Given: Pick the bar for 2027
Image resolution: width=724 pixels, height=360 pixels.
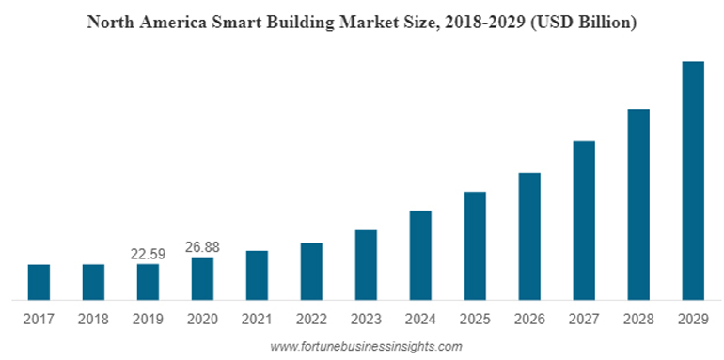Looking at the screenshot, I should (584, 220).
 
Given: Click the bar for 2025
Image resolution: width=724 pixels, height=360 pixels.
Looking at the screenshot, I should (475, 245).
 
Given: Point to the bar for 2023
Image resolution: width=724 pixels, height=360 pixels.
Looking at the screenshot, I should (366, 264).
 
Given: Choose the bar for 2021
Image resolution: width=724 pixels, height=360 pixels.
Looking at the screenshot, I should (257, 274).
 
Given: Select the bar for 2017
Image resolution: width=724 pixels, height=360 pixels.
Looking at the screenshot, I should (39, 282).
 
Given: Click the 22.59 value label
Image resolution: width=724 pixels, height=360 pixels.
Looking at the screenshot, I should (148, 254).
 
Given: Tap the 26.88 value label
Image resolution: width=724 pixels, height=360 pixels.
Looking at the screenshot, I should (202, 246).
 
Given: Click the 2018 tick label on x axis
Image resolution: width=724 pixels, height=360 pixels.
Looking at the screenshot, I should (93, 320).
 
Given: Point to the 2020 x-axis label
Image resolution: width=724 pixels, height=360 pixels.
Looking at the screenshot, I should (202, 320).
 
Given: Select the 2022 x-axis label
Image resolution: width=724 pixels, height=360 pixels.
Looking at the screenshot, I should (311, 320).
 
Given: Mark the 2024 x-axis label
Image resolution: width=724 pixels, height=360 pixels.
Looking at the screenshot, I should (420, 320).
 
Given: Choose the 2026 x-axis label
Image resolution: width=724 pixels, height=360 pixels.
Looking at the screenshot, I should (529, 320).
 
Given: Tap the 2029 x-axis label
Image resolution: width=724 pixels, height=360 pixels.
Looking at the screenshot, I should (693, 320).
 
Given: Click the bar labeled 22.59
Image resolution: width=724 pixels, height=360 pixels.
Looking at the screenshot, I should (148, 282).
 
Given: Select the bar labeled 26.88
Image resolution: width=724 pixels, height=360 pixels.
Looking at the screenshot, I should (202, 278).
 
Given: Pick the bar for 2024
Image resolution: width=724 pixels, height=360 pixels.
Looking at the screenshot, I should (420, 255).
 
